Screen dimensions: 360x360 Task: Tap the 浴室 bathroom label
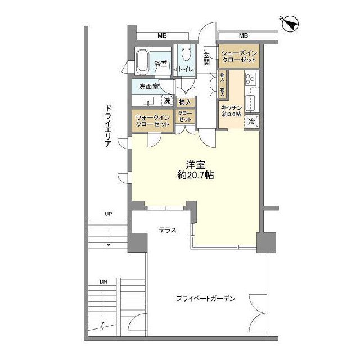pos(160,64)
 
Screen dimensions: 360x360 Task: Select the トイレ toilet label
pos(187,69)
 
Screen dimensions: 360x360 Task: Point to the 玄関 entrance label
pos(207,58)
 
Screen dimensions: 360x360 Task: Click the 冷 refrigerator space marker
pos(251,121)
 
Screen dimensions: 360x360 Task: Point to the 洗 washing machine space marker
pos(166,101)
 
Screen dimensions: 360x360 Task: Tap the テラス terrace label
pos(166,231)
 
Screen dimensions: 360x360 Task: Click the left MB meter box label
pos(162,36)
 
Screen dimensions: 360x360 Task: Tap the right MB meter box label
pos(244,36)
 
